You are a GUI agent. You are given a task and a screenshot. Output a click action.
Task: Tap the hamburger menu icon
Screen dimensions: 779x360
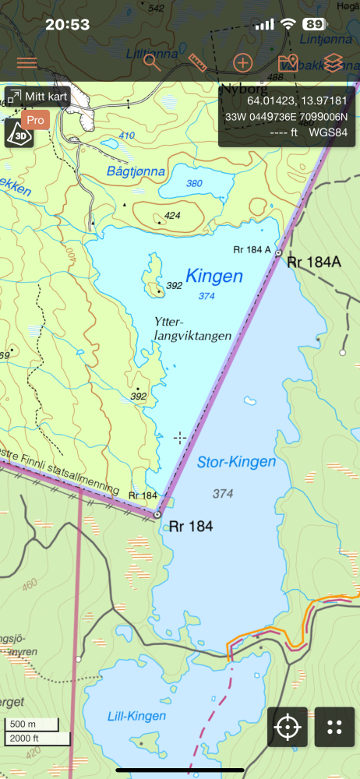(x=26, y=63)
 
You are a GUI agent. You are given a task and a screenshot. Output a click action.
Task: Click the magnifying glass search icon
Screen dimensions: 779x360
(x=152, y=63)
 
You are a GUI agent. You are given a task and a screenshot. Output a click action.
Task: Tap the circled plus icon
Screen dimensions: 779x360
(x=244, y=63)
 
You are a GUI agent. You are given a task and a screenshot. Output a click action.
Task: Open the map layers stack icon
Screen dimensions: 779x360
(x=334, y=63)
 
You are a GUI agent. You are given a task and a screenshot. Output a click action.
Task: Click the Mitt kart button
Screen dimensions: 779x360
(x=38, y=97)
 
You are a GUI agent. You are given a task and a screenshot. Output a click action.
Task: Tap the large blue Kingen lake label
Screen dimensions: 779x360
(x=214, y=276)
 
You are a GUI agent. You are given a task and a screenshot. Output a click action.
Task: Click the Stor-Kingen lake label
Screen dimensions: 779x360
(x=236, y=462)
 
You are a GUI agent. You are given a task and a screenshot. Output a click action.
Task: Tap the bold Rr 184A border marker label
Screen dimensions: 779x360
(x=314, y=262)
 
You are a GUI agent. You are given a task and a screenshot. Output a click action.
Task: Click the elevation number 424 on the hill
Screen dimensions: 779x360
(x=173, y=216)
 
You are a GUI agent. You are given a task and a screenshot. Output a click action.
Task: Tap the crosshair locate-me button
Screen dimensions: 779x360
(x=288, y=728)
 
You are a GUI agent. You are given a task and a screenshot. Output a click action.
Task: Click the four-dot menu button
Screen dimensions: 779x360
(x=334, y=728)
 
